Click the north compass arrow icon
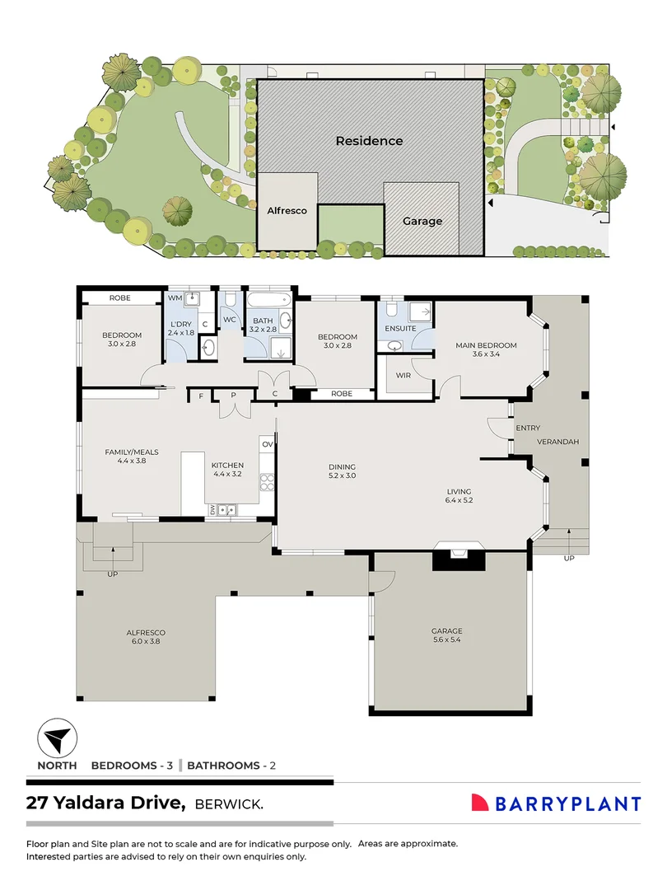click(x=58, y=738)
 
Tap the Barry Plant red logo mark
click(x=480, y=802)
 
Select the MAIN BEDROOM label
click(x=486, y=345)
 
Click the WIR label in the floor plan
click(x=403, y=375)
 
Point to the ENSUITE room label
click(x=400, y=328)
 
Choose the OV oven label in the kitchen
click(x=268, y=444)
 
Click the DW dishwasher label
click(x=213, y=510)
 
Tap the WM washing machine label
click(x=175, y=298)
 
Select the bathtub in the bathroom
click(x=269, y=300)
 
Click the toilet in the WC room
click(x=230, y=299)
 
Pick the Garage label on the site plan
click(x=422, y=222)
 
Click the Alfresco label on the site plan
click(x=287, y=211)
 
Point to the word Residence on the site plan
click(x=369, y=141)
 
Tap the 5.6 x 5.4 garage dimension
click(x=447, y=639)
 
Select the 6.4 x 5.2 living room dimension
click(x=459, y=500)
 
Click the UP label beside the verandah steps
click(x=569, y=559)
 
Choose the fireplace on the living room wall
click(x=459, y=555)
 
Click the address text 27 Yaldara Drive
click(x=105, y=803)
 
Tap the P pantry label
click(x=233, y=396)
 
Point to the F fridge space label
click(x=201, y=396)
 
